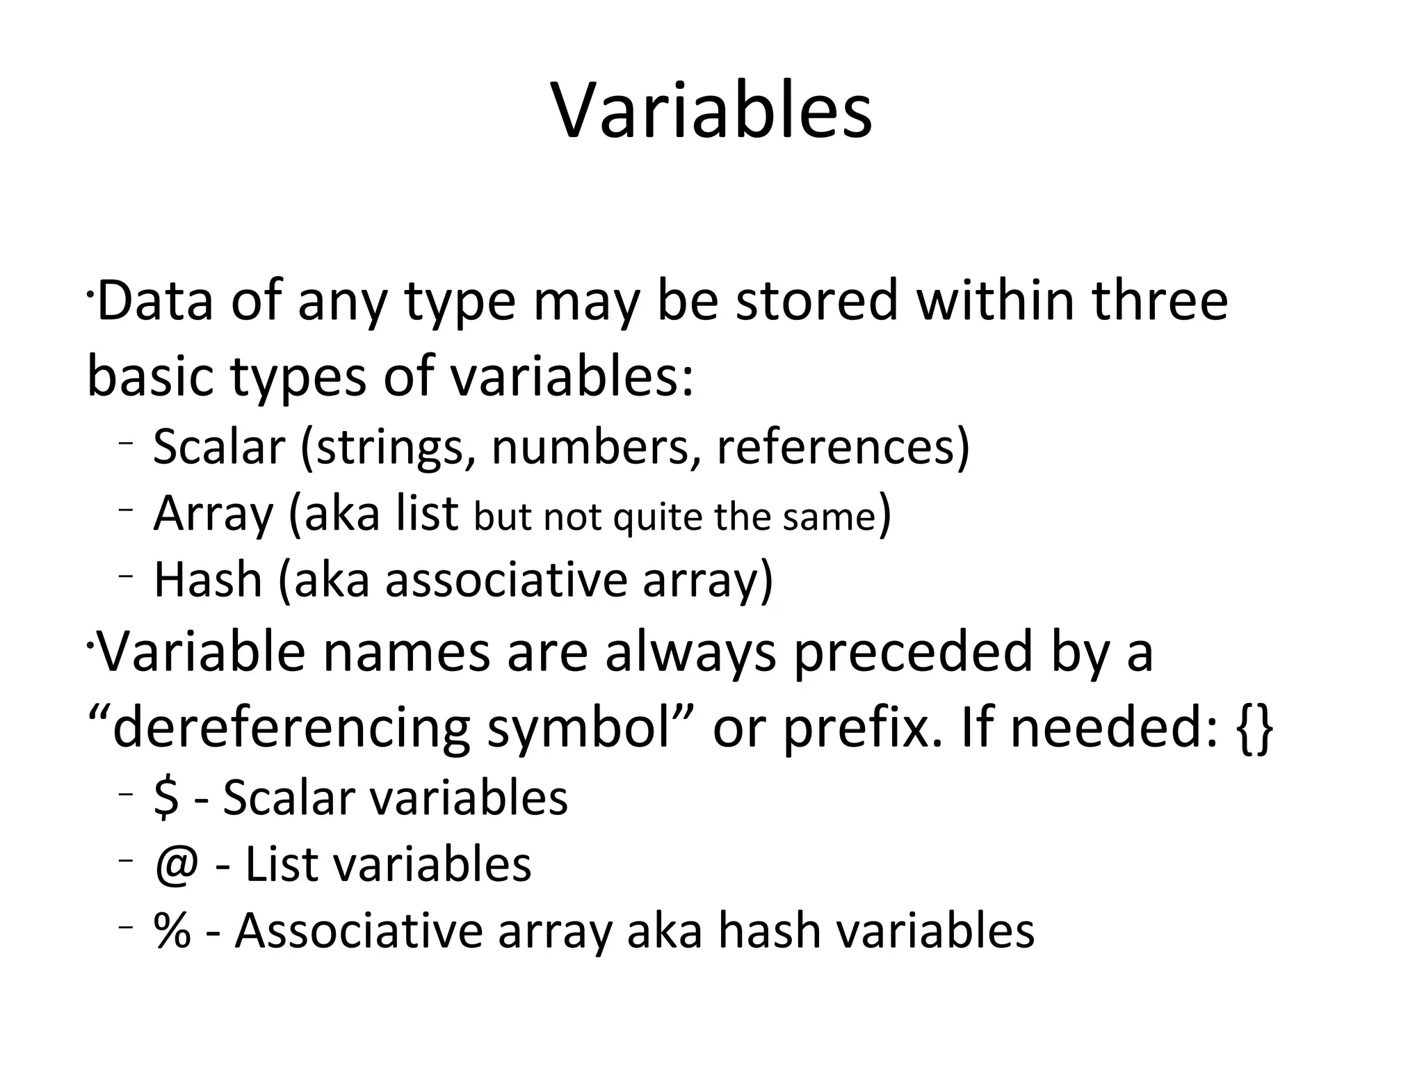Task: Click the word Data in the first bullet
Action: pos(155,300)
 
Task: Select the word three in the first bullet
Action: pos(1159,300)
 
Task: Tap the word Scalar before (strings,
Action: pos(219,446)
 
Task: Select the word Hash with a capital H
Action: pos(207,580)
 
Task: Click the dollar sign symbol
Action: pos(166,798)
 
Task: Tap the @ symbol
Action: pos(177,865)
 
